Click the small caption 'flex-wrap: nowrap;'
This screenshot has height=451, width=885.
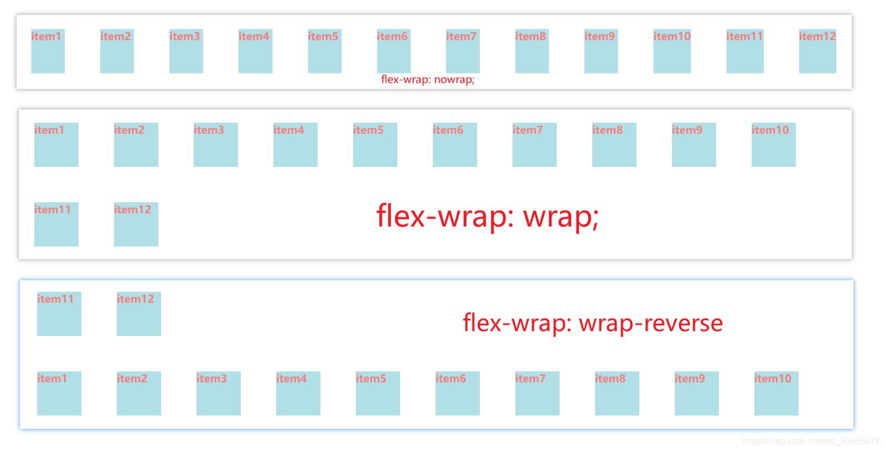click(x=428, y=80)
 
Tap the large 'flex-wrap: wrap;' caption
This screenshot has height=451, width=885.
click(x=488, y=216)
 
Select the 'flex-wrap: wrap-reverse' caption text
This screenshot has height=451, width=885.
click(x=593, y=323)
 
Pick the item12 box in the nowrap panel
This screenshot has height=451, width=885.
click(x=817, y=51)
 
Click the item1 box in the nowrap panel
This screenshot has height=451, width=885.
click(x=48, y=51)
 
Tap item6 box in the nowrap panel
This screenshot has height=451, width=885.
click(x=394, y=51)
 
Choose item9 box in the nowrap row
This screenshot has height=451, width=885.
click(x=601, y=51)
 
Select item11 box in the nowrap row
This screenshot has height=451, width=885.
click(x=745, y=51)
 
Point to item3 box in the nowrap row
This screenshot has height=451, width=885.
click(x=186, y=51)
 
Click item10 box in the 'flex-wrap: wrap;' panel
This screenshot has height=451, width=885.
click(x=774, y=145)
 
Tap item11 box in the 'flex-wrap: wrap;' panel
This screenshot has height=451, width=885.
click(x=56, y=224)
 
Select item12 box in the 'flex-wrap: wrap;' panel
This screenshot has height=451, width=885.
click(x=136, y=224)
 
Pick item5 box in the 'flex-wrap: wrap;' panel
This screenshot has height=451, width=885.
click(x=375, y=145)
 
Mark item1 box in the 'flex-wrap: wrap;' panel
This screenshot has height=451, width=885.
click(x=56, y=145)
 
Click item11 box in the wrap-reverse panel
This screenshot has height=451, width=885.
click(x=59, y=314)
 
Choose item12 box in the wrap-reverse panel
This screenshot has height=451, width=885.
click(x=139, y=314)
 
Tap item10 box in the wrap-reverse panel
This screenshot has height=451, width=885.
click(x=777, y=394)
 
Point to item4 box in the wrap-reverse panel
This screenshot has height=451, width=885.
click(x=298, y=394)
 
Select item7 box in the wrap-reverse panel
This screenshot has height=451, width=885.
click(x=537, y=394)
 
